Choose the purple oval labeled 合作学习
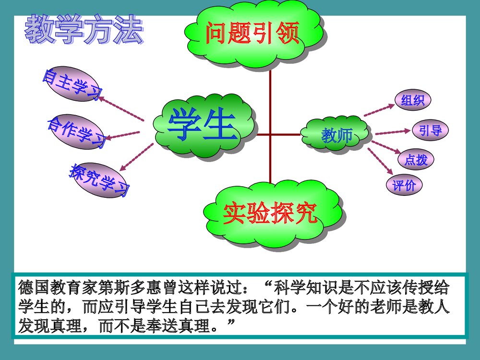click(x=76, y=131)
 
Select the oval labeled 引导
click(x=430, y=130)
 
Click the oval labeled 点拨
click(x=416, y=159)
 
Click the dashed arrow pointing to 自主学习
click(x=122, y=108)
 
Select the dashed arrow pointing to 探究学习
click(x=136, y=157)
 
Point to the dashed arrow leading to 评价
click(x=379, y=161)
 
